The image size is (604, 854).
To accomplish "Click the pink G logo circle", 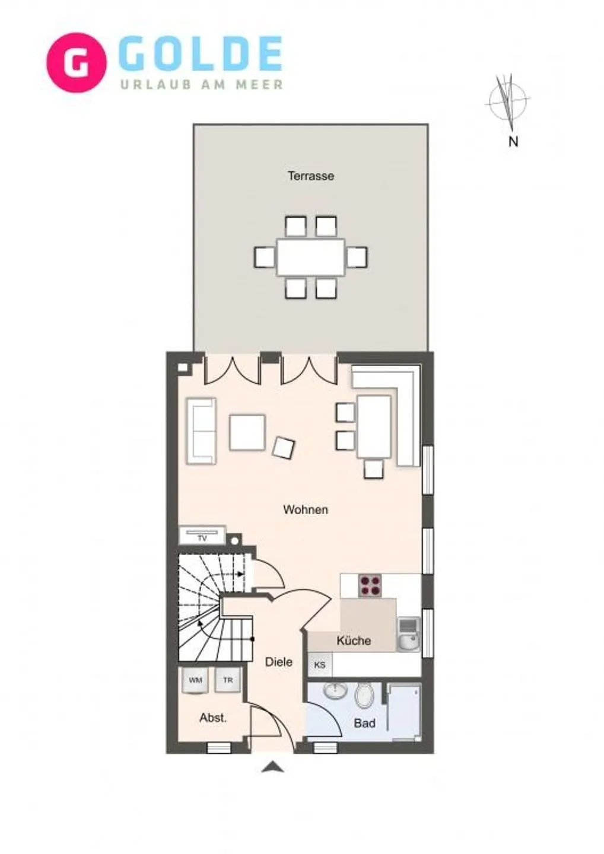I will click(x=77, y=62).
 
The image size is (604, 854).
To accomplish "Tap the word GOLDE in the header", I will click(x=201, y=55).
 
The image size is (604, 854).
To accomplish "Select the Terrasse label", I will click(x=310, y=176).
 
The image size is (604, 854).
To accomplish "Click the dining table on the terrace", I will click(x=310, y=257).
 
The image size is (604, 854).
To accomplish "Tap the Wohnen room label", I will click(x=305, y=509).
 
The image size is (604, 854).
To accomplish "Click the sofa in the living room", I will click(x=201, y=431).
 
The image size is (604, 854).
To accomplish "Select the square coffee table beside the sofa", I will click(x=247, y=432).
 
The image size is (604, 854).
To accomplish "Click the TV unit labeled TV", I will click(x=202, y=536).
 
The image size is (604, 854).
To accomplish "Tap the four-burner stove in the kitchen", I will click(x=370, y=586).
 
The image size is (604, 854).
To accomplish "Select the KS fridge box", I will click(x=320, y=665).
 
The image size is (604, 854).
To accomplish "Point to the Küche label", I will click(x=354, y=640).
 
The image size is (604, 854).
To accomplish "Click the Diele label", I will click(x=278, y=662).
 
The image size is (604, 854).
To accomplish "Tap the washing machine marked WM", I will click(x=195, y=680).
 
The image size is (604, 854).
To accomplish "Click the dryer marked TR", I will click(x=228, y=680).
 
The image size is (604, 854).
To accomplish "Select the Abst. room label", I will click(x=213, y=718).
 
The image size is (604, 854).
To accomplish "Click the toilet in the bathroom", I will click(x=364, y=696).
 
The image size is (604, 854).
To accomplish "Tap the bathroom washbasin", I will click(x=336, y=690).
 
